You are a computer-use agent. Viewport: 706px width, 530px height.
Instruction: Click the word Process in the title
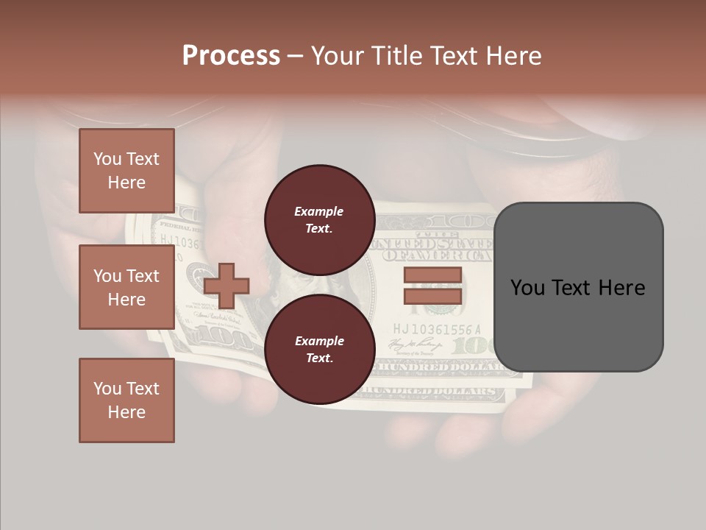coord(231,55)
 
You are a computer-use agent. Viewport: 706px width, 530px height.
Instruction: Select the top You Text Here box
coord(126,171)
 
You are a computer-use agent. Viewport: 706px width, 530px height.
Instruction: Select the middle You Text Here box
coord(126,287)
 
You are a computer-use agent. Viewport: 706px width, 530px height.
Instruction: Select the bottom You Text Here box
coord(126,400)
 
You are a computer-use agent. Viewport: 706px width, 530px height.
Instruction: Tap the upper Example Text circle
coord(319,219)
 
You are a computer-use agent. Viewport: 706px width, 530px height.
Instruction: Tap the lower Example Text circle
coord(319,349)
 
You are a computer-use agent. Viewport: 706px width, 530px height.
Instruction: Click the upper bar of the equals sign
coord(432,275)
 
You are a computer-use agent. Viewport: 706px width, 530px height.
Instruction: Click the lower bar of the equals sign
coord(432,297)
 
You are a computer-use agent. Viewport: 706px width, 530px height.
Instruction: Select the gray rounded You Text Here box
coord(578,287)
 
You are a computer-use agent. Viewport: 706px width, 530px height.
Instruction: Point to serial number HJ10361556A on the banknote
coord(437,329)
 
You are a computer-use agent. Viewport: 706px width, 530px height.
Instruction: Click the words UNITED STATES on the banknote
coord(434,244)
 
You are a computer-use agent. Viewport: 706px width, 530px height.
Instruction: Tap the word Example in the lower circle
coord(319,341)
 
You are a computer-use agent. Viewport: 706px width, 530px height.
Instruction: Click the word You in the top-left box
coord(107,159)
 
